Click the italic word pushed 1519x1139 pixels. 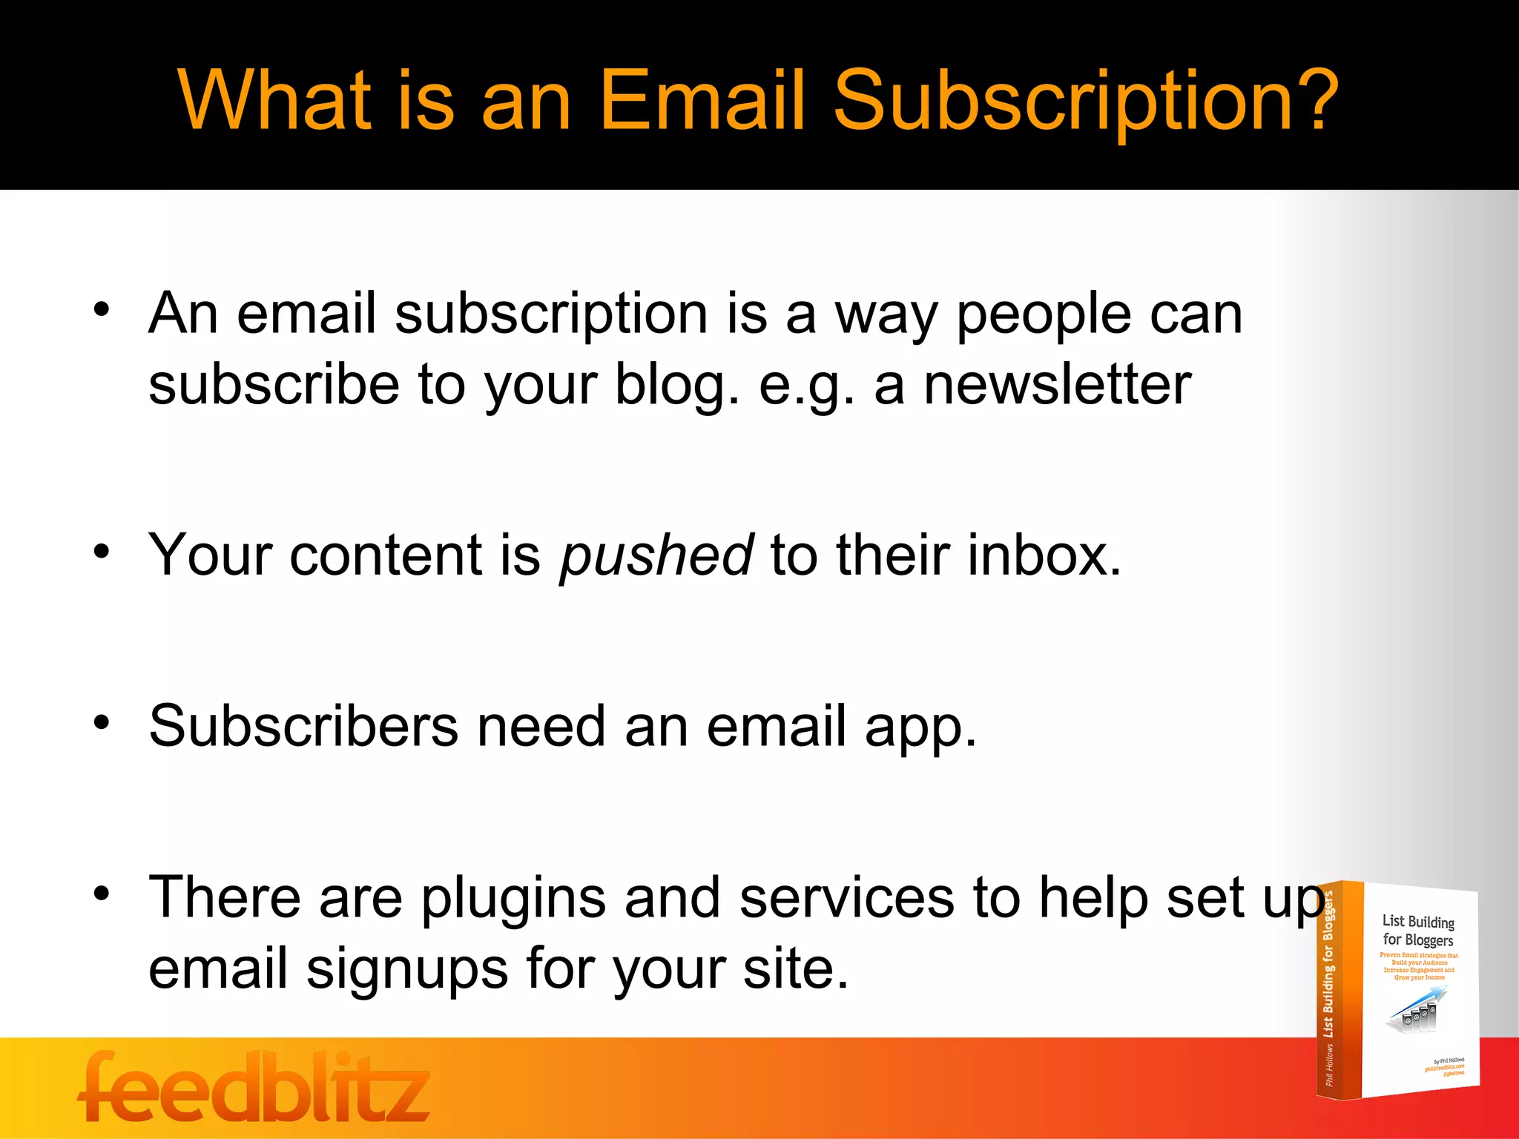pos(656,556)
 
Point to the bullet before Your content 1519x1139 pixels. pos(102,552)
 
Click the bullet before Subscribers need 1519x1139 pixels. pos(102,722)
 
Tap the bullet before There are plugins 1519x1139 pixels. pos(102,894)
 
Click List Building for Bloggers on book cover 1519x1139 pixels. pos(1417,931)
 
